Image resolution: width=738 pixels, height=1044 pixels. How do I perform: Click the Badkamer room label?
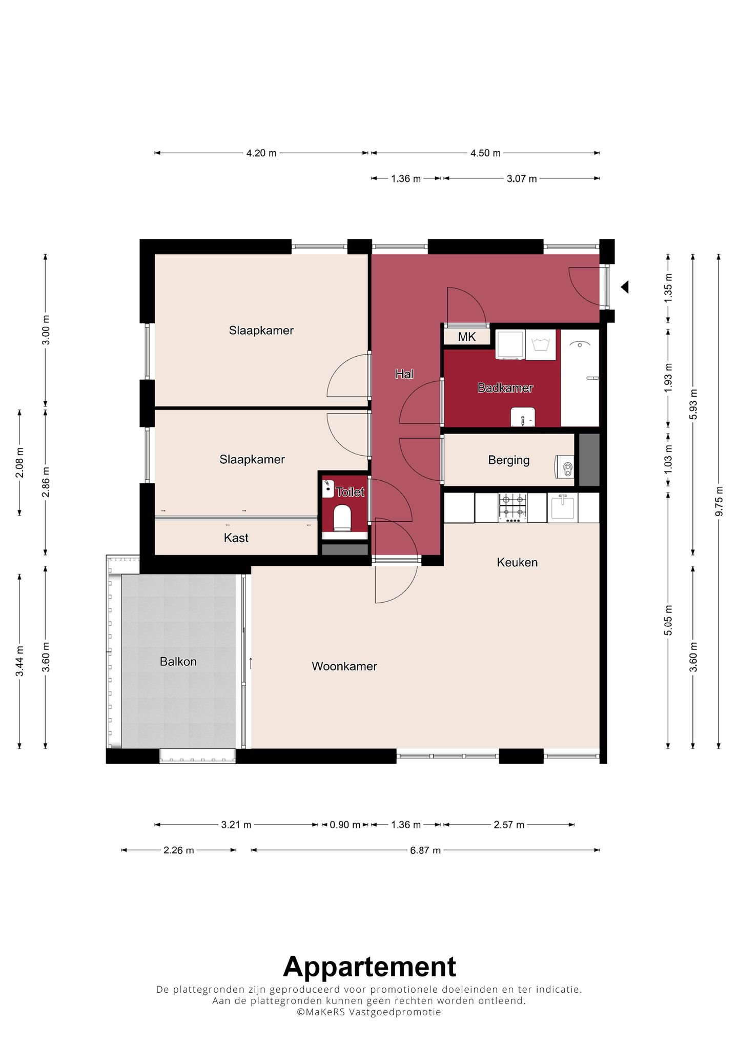(x=505, y=388)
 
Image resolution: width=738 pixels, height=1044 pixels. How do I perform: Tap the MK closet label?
(x=466, y=337)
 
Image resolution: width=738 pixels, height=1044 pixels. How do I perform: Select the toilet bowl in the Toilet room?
(x=342, y=518)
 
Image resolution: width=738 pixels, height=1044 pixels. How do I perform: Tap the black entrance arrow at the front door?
(x=624, y=287)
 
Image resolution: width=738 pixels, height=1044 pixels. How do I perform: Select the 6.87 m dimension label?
(x=425, y=850)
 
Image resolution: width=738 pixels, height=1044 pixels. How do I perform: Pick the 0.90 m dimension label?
(x=344, y=825)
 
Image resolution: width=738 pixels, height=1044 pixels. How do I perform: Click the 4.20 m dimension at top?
(x=261, y=153)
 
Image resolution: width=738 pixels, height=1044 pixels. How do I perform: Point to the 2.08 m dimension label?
(x=19, y=462)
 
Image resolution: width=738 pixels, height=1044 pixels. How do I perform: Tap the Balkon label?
(x=178, y=662)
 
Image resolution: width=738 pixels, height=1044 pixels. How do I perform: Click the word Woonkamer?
(x=344, y=666)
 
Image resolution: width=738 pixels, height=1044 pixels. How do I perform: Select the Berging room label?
(x=508, y=460)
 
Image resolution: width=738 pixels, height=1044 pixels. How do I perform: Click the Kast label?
(x=236, y=538)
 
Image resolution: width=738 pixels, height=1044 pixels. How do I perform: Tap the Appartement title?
(x=369, y=967)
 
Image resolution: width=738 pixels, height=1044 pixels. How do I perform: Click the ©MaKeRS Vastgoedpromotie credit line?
(x=369, y=1012)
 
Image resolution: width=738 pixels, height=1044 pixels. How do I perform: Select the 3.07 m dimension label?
(x=521, y=178)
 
